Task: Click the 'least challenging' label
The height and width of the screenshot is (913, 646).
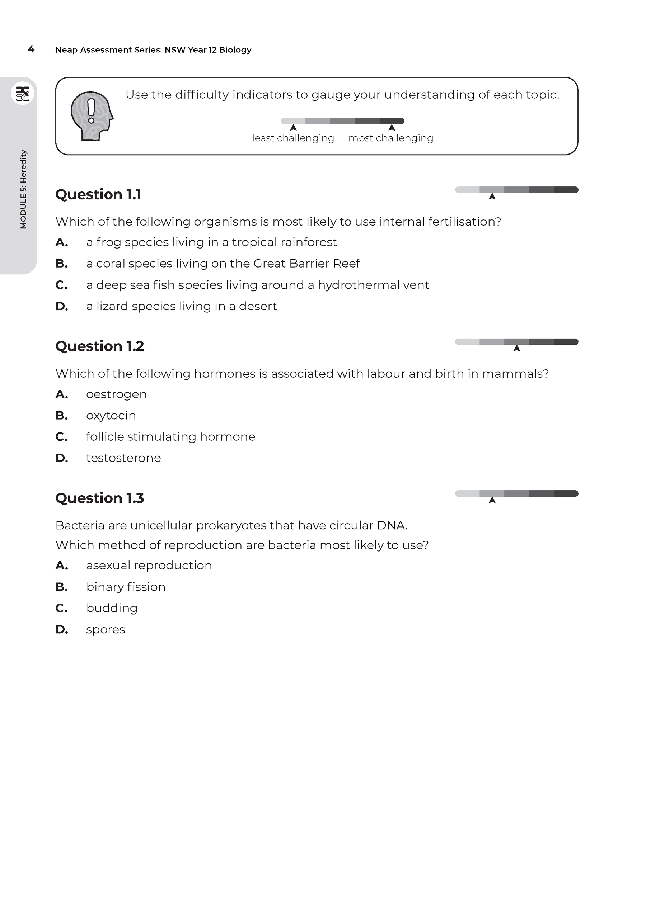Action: point(293,138)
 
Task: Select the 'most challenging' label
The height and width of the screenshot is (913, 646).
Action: point(390,138)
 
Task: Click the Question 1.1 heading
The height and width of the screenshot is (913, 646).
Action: point(98,194)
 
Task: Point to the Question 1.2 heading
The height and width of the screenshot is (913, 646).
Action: point(99,346)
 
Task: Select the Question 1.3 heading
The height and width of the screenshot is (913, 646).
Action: point(99,498)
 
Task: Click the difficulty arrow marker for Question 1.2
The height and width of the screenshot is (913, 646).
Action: point(517,348)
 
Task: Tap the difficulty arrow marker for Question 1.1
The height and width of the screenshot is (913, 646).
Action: point(492,197)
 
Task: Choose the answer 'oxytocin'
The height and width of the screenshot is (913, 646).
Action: point(111,416)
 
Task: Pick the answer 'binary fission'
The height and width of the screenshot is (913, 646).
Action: point(126,587)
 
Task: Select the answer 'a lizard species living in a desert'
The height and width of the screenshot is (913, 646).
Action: point(182,306)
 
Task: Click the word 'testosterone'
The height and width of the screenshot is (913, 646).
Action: point(123,458)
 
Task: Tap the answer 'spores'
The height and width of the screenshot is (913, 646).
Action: point(106,630)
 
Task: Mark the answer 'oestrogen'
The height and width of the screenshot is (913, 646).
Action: point(116,394)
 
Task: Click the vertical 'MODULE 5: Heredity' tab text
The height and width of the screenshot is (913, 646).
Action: point(23,189)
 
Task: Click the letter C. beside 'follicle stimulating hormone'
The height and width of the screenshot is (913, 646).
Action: point(61,437)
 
